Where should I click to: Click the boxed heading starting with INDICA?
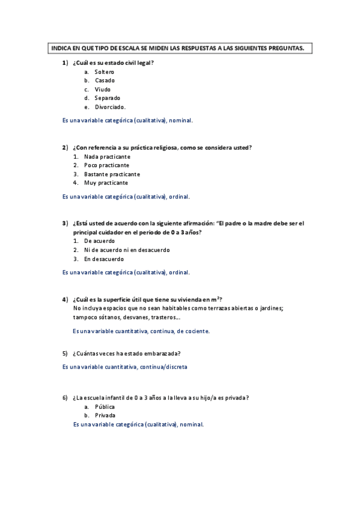(x=178, y=48)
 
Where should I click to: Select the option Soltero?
(x=104, y=72)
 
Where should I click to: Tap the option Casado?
(x=105, y=81)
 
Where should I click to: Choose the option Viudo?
(x=103, y=89)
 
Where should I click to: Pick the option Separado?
(x=107, y=98)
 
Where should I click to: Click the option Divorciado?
(x=110, y=107)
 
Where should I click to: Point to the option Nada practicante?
(x=107, y=156)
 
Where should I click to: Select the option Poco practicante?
(x=106, y=165)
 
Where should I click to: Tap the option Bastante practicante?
(x=112, y=174)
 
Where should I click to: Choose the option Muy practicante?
(x=106, y=183)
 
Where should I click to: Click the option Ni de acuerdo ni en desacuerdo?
(x=127, y=250)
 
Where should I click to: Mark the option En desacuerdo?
(x=104, y=259)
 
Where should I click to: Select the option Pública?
(x=105, y=407)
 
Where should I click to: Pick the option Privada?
(x=105, y=415)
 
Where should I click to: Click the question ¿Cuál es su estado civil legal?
(x=113, y=63)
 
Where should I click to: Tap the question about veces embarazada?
(x=126, y=353)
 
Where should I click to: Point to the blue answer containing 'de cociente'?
(x=141, y=331)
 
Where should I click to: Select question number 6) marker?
(x=65, y=398)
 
